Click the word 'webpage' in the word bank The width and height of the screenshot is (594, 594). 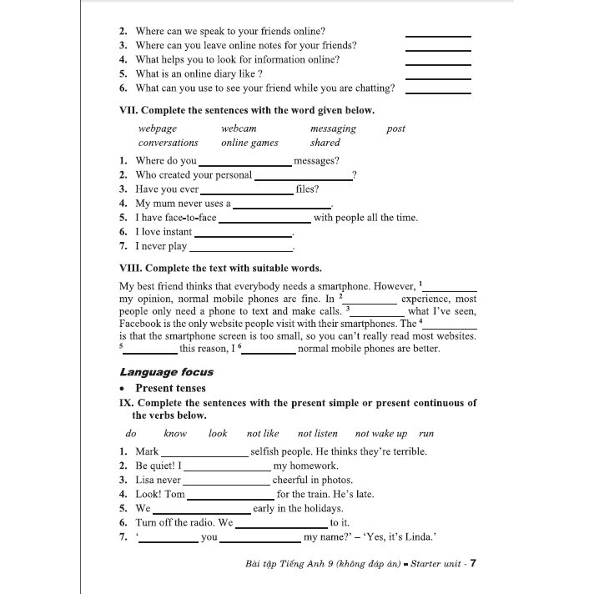158,128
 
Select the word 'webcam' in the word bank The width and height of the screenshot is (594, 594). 239,128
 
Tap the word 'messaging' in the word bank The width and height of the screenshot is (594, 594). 333,128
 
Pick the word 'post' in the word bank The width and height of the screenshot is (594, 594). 396,128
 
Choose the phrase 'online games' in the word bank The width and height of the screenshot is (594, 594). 249,143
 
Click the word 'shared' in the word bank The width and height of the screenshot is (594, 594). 325,143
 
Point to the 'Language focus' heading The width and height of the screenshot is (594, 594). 166,372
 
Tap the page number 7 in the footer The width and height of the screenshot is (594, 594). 473,563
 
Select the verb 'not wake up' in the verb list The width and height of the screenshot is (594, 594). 380,434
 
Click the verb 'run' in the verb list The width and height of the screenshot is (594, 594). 426,434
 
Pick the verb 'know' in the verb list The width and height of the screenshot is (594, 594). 175,434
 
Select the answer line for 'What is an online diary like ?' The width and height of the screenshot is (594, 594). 438,78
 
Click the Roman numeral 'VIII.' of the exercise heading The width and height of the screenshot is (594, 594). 132,269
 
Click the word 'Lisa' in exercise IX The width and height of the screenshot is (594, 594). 145,481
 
